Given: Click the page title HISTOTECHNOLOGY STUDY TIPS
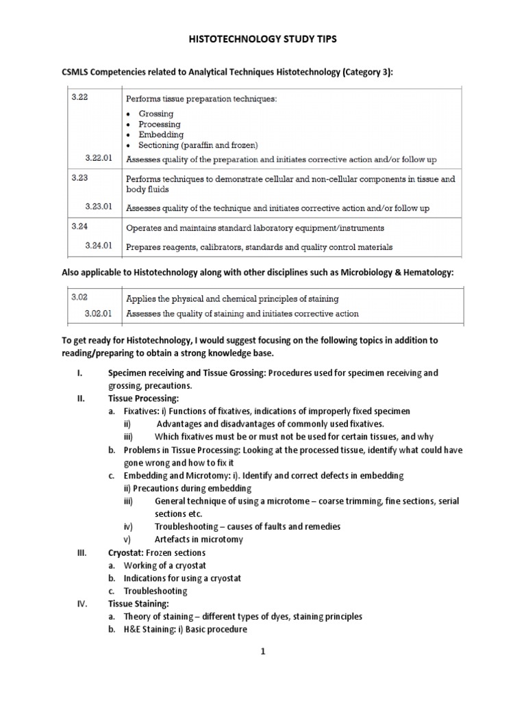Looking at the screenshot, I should (x=263, y=40).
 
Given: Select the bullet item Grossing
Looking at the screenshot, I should (x=156, y=114).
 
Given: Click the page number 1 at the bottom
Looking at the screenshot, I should (x=262, y=652).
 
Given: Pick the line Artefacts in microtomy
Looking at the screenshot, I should (x=199, y=539).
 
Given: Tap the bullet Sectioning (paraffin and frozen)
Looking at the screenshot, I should (x=197, y=145).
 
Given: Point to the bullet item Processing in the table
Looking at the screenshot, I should (x=160, y=125).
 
